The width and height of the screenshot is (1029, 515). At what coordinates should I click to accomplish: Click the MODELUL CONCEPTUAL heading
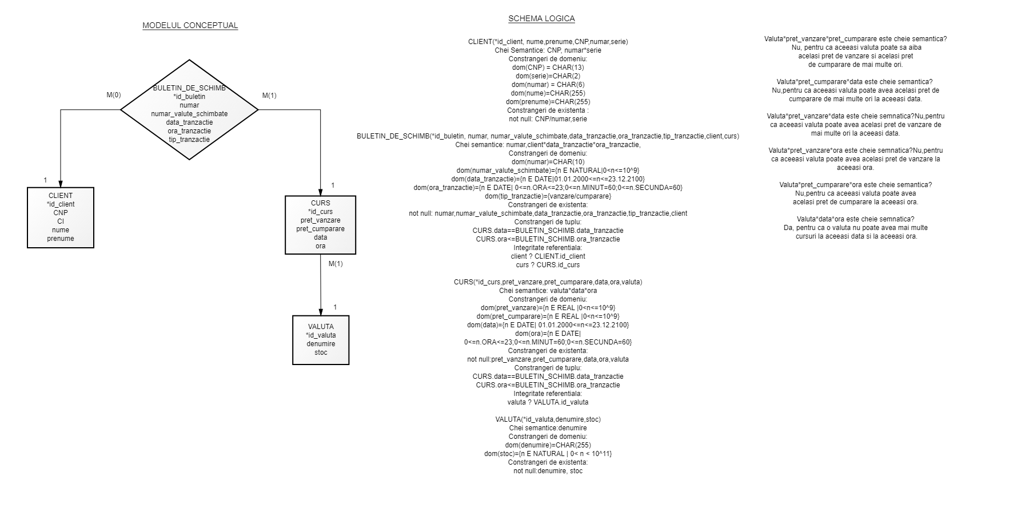(190, 25)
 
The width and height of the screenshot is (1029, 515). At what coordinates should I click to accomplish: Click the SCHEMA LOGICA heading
(541, 18)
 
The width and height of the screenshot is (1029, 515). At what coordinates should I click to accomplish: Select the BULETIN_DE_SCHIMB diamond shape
(189, 110)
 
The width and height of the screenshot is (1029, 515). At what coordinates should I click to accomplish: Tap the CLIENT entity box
(61, 217)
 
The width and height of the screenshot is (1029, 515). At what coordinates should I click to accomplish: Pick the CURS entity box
(320, 225)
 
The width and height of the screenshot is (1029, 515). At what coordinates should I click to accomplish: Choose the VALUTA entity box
(321, 340)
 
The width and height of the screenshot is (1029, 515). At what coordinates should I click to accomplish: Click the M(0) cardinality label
(114, 95)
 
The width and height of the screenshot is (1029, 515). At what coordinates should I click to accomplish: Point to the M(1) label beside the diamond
(269, 96)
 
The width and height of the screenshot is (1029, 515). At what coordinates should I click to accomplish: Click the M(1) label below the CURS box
(336, 264)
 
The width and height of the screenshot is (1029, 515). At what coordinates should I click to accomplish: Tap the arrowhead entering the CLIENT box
(61, 183)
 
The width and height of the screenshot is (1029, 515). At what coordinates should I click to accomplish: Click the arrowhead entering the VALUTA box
(321, 311)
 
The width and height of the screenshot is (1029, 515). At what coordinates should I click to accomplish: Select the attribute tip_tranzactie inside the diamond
(189, 140)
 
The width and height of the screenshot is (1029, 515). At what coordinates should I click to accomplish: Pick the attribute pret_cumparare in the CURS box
(320, 229)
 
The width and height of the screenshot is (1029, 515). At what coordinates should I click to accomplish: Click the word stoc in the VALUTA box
(321, 352)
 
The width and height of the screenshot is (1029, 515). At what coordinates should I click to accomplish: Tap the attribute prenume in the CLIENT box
(61, 239)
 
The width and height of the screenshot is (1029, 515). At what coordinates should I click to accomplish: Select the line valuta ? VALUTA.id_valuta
(548, 402)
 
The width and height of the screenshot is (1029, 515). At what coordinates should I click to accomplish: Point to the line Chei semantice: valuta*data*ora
(548, 291)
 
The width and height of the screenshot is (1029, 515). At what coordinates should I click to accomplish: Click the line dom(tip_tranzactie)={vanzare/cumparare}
(548, 196)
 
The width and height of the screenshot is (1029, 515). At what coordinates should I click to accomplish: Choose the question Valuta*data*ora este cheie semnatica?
(855, 219)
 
